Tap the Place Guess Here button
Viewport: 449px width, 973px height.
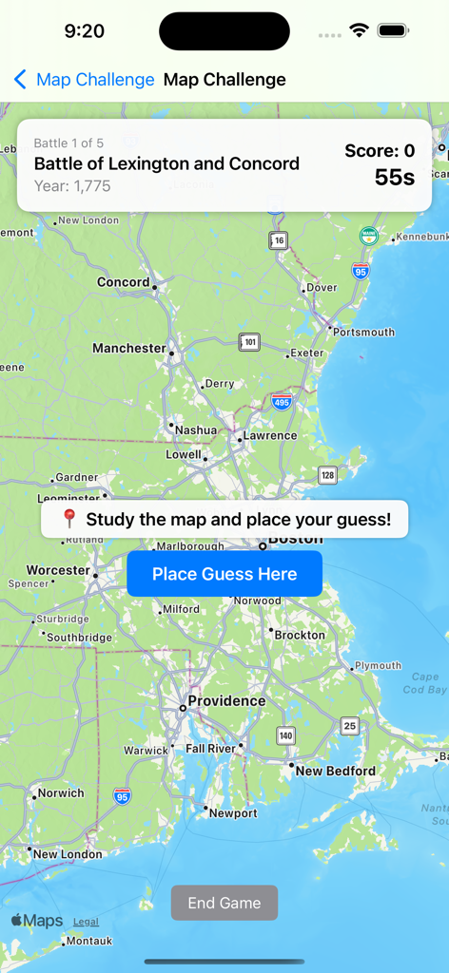pos(224,574)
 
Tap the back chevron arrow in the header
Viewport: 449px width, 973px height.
pos(20,79)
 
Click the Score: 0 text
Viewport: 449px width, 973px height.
pos(380,150)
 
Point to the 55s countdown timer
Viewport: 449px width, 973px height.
pos(394,177)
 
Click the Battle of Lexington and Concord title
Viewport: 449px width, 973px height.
pos(166,163)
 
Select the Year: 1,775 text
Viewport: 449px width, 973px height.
pos(72,185)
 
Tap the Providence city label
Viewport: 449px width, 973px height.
pos(226,701)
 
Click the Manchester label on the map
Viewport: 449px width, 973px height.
pos(129,348)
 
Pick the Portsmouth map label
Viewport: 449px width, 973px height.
pos(363,332)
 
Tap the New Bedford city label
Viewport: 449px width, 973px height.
pos(335,771)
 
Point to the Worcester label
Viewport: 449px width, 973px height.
pos(58,570)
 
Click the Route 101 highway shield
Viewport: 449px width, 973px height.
pos(249,342)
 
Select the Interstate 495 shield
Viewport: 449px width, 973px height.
pos(281,402)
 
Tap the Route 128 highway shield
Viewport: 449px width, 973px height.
pos(327,475)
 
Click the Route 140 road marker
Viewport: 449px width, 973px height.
pos(286,735)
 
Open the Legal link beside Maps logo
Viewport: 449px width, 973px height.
pos(86,922)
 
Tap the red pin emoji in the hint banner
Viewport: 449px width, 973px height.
pos(69,519)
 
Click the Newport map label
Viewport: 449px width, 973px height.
pos(233,813)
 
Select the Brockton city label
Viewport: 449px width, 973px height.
pos(300,635)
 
